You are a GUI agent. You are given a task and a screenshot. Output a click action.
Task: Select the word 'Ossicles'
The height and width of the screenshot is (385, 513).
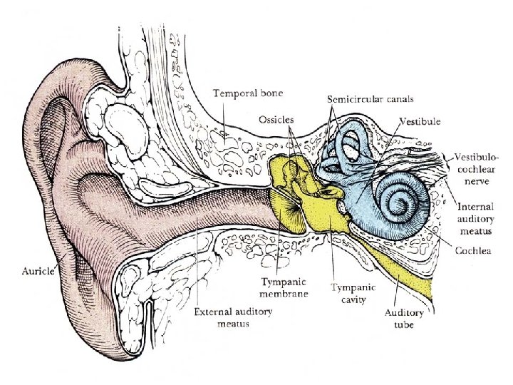coord(275,119)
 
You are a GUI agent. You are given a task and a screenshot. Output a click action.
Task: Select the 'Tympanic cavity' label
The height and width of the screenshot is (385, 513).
coord(348,293)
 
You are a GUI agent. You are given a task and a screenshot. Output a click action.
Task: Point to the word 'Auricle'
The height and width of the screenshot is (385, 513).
coord(39,271)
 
